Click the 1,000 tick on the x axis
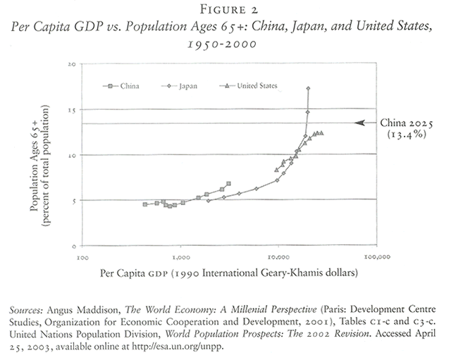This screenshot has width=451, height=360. (x=181, y=257)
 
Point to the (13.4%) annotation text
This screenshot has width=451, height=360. (x=405, y=135)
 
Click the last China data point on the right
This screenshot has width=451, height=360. (x=228, y=184)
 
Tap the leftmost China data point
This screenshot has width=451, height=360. (x=144, y=204)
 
